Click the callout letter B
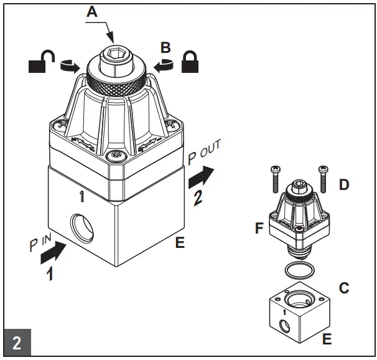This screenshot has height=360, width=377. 165,47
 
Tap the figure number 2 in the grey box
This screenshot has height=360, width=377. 17,343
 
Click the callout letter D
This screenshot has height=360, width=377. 344,184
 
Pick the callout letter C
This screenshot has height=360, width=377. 343,288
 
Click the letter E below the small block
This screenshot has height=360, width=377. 327,339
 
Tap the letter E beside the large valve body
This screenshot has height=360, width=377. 180,243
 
